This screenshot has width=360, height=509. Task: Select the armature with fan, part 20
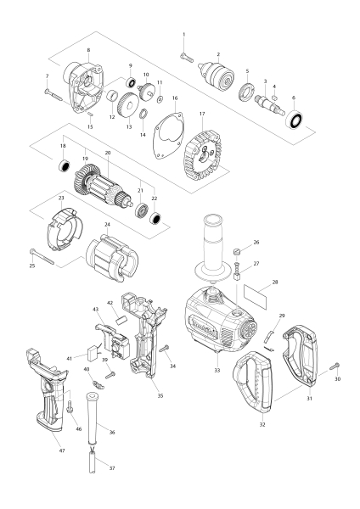(x=111, y=187)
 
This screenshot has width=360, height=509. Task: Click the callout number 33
(x=217, y=371)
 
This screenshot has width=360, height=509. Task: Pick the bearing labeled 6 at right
(x=295, y=120)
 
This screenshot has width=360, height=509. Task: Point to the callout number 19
(x=85, y=157)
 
